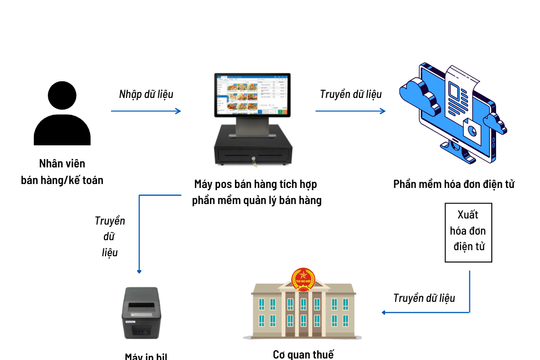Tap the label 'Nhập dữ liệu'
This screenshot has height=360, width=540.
point(146,94)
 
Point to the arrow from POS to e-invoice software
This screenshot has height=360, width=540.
point(350,110)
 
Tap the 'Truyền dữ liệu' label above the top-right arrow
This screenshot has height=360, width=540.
point(350,94)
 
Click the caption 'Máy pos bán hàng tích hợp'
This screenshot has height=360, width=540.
point(257,184)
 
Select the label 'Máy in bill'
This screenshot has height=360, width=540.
point(139,355)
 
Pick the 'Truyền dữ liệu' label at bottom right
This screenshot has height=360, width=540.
point(424,297)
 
